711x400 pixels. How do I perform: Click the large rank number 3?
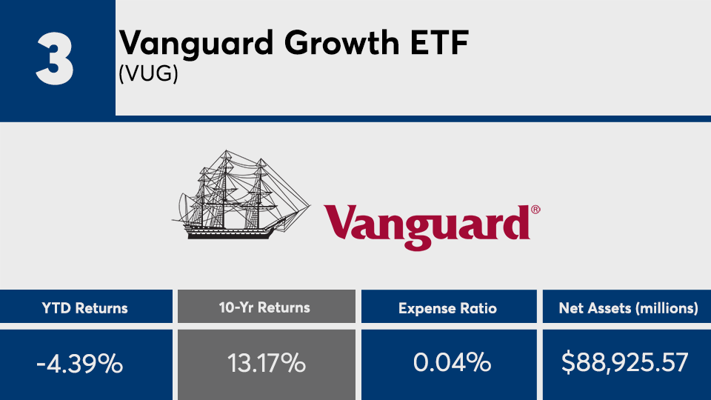[x=55, y=59]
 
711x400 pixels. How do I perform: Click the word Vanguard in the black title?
[x=196, y=44]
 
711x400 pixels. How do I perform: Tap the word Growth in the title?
[x=342, y=44]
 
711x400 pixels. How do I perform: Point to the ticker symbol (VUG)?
[x=148, y=73]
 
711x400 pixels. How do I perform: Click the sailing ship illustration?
[x=241, y=194]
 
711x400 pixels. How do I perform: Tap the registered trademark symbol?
[x=535, y=210]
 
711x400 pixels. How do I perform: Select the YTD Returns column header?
[x=84, y=308]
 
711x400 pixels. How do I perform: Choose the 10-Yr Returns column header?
[x=264, y=307]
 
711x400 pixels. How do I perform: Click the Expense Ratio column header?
[x=447, y=308]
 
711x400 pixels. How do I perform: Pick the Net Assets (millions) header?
[x=628, y=308]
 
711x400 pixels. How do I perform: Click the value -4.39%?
[x=80, y=364]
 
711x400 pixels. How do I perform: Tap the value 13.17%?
[x=266, y=364]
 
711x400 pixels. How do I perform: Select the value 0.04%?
[x=452, y=363]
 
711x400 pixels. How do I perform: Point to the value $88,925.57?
[x=625, y=363]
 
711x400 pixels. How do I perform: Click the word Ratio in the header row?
[x=478, y=308]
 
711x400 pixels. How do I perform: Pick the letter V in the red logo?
[x=341, y=222]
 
